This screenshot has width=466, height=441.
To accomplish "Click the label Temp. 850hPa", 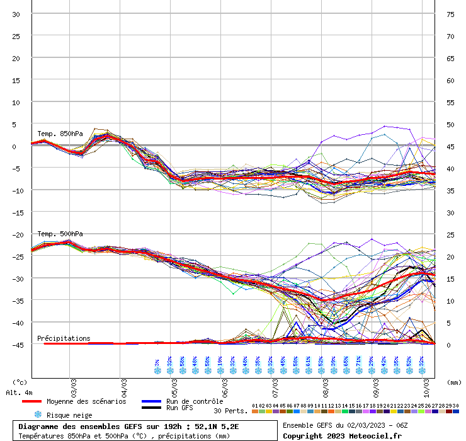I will coord(60,134).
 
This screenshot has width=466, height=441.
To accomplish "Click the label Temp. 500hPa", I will coord(60,234).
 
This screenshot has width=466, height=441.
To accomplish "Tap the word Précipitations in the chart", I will coord(64,338).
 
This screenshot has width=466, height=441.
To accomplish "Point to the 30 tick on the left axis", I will coord(16,14).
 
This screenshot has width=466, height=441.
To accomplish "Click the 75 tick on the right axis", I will coord(450,14).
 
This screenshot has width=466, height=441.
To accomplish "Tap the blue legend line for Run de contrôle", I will coord(151,401).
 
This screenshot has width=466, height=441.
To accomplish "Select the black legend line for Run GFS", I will coord(151,408).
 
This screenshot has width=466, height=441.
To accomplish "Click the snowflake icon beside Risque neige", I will coord(38,415).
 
